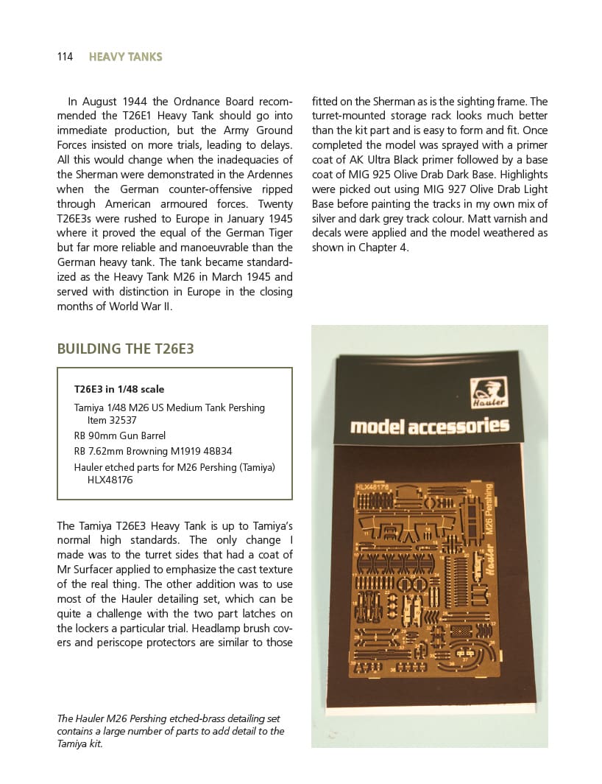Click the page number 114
pos(65,57)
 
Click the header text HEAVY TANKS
pos(125,57)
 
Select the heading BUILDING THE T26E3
pos(125,349)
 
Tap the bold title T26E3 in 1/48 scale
pos(119,389)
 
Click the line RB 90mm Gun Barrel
pos(120,435)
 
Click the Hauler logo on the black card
pos(487,391)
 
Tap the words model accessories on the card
pos(430,426)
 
